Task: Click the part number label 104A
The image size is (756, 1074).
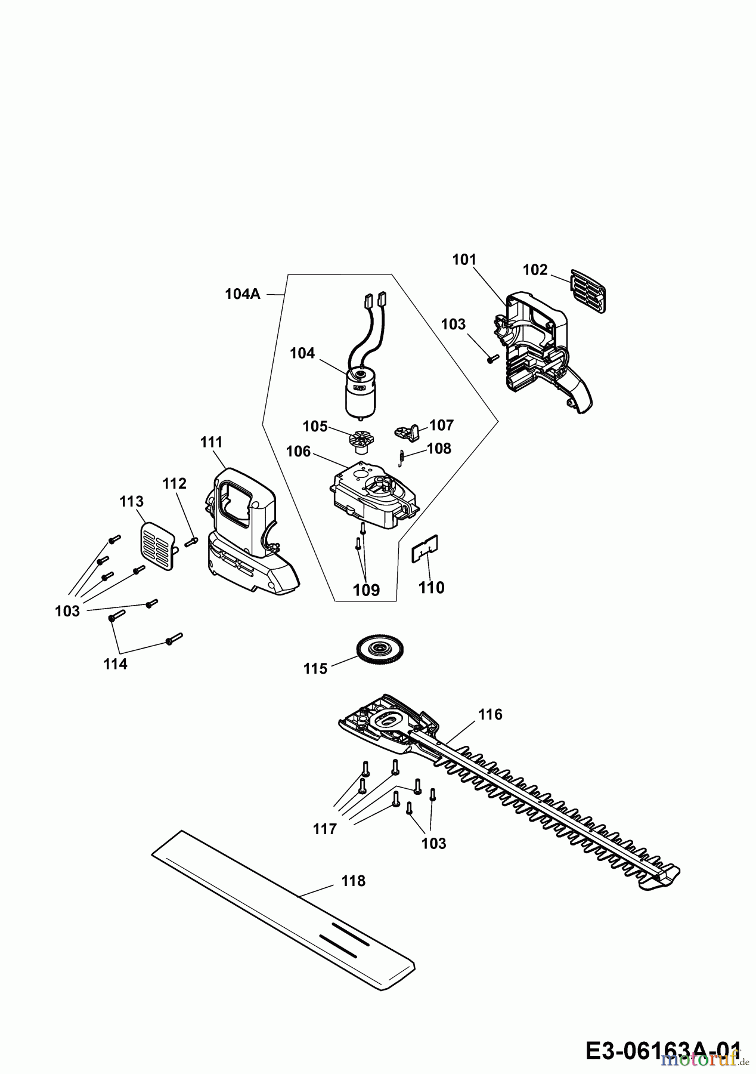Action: tap(243, 294)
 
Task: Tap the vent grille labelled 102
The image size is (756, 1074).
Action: tap(589, 290)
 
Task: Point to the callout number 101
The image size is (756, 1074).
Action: tap(464, 260)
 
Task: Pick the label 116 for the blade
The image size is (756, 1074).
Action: tap(490, 714)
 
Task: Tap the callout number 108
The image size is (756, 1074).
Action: tap(439, 448)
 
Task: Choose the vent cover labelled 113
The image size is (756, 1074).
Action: tap(158, 545)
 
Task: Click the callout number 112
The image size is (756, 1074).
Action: tap(174, 483)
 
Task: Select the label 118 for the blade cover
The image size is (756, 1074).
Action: tap(353, 881)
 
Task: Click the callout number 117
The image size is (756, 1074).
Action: tap(325, 828)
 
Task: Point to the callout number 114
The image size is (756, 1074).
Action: tap(115, 664)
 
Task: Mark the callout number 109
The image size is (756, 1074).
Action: tap(366, 590)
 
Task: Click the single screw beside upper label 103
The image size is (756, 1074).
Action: tap(492, 359)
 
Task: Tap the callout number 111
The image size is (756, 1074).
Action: tap(211, 442)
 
